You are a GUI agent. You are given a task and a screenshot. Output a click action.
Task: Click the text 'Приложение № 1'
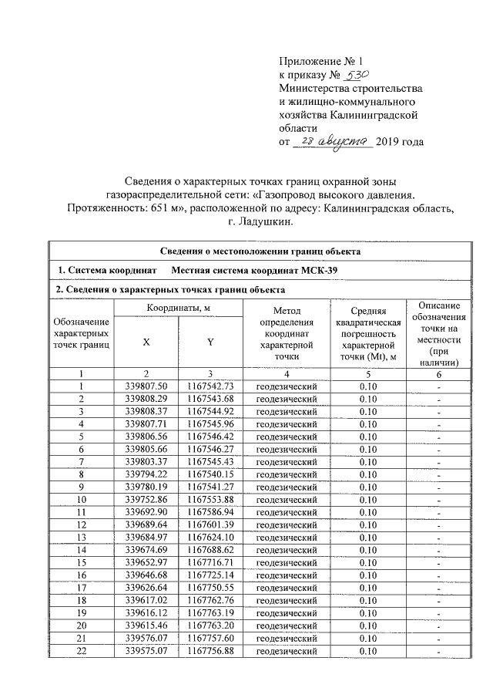319,60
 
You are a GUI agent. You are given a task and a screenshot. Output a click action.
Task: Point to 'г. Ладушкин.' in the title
261,222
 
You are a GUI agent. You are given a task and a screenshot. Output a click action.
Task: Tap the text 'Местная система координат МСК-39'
254,271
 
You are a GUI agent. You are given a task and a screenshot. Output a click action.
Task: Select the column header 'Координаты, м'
178,309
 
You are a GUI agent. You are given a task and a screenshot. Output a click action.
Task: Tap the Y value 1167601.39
210,525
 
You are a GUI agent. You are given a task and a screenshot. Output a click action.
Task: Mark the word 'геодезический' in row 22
287,652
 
